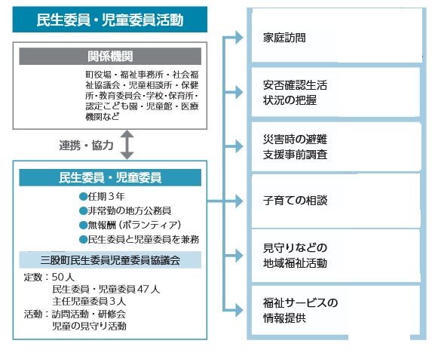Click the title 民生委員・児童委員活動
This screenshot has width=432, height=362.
pos(109,20)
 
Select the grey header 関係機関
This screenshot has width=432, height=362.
pos(110,57)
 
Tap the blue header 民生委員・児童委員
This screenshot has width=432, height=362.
pos(110,177)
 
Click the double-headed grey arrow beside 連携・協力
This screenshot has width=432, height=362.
pos(127,145)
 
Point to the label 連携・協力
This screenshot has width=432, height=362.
pos(86,146)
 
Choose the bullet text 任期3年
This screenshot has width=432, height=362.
pos(103,196)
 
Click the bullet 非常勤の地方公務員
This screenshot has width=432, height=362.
pos(125,210)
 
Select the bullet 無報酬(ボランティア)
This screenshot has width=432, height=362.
pos(130,225)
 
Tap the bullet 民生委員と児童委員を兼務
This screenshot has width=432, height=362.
pos(139,239)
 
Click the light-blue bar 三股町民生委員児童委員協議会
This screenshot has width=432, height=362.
pos(110,259)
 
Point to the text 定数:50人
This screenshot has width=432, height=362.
pos(49,277)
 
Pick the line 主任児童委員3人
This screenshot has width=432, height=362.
pos(89,301)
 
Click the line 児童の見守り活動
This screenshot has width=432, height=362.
pos(89,326)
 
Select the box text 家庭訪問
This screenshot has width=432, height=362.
pos(284,38)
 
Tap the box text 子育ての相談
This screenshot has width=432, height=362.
pos(295,201)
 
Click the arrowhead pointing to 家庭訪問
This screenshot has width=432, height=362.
pos(239,38)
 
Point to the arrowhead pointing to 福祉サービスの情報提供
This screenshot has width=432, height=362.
pos(239,311)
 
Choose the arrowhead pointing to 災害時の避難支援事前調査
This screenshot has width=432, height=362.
pos(239,146)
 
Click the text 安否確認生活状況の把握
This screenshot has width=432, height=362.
pos(295,93)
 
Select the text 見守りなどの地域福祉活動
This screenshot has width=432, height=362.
pos(295,256)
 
